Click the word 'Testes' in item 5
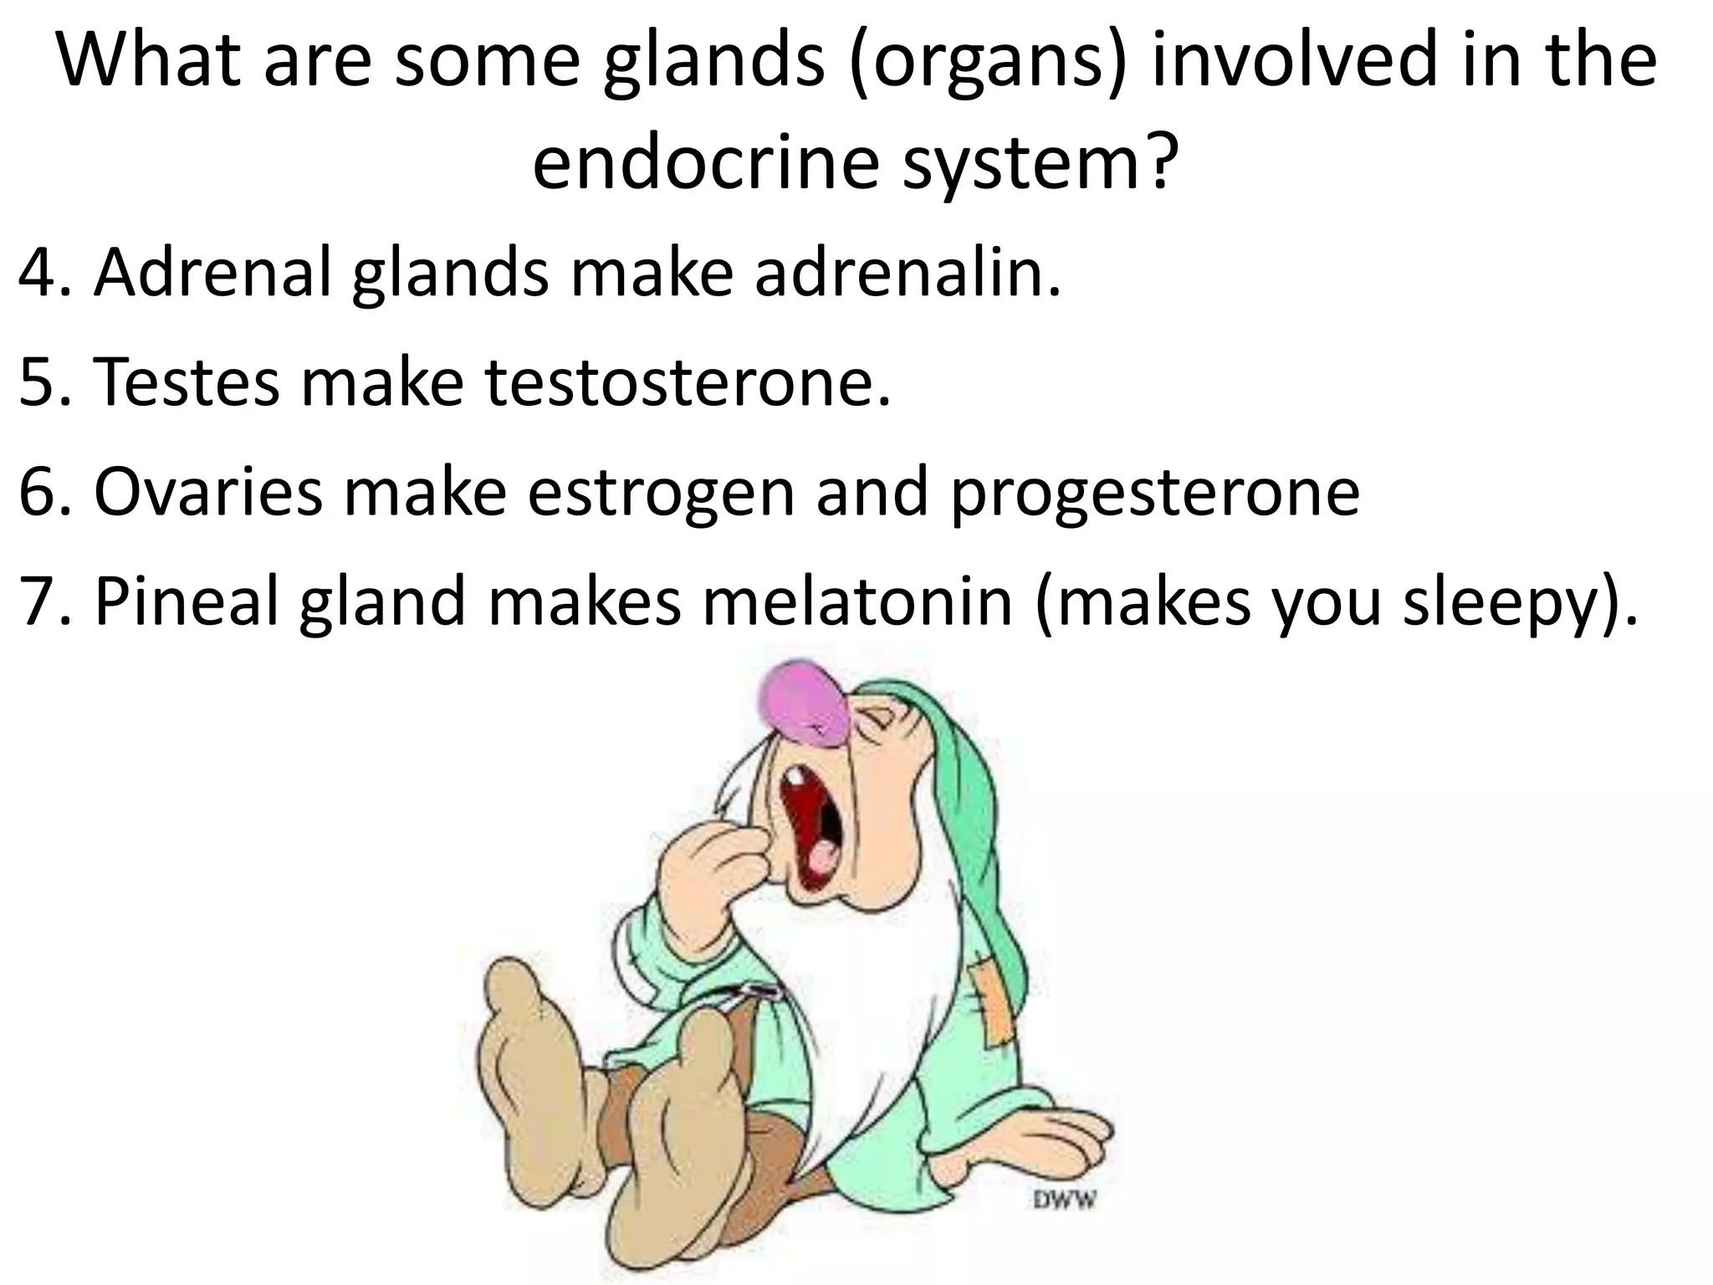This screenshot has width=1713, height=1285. (187, 382)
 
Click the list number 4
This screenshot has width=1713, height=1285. (37, 273)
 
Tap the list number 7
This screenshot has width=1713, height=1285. (38, 602)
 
